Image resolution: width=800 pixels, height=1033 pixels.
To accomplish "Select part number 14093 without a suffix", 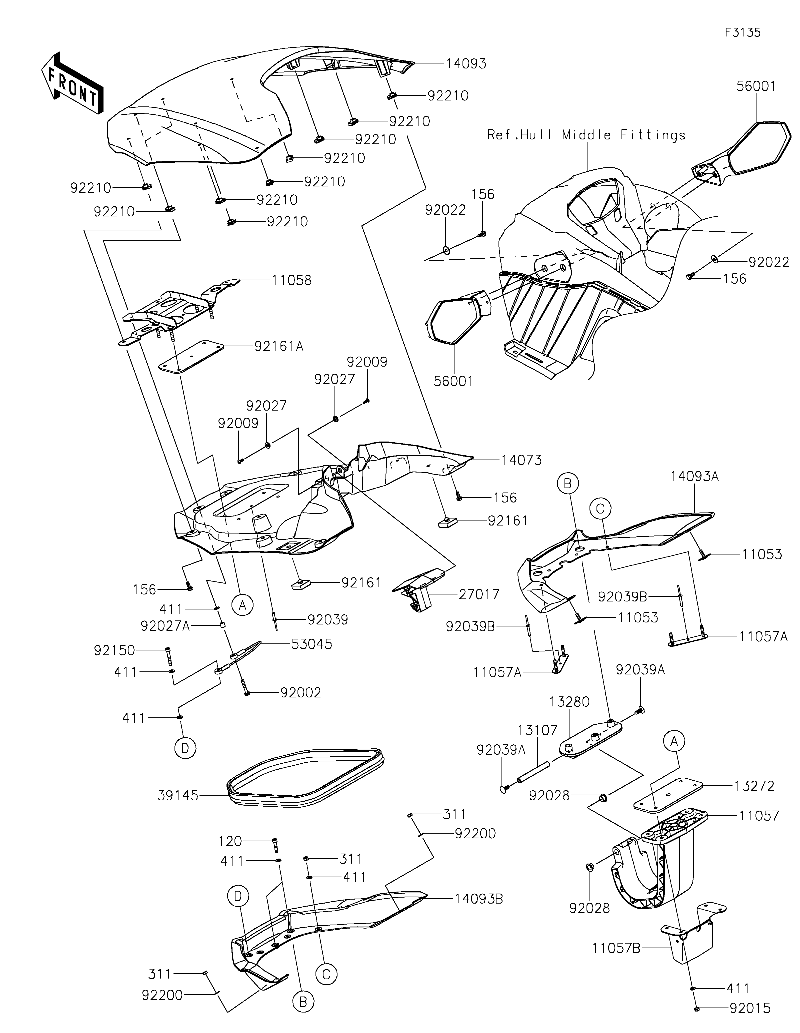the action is [466, 63].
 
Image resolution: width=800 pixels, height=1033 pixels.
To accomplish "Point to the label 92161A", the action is [279, 347].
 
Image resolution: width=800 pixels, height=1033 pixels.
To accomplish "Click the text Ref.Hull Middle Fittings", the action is [586, 135].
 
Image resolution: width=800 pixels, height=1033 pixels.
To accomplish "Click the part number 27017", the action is [479, 594].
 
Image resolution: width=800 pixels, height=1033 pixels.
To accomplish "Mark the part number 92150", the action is [114, 651].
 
